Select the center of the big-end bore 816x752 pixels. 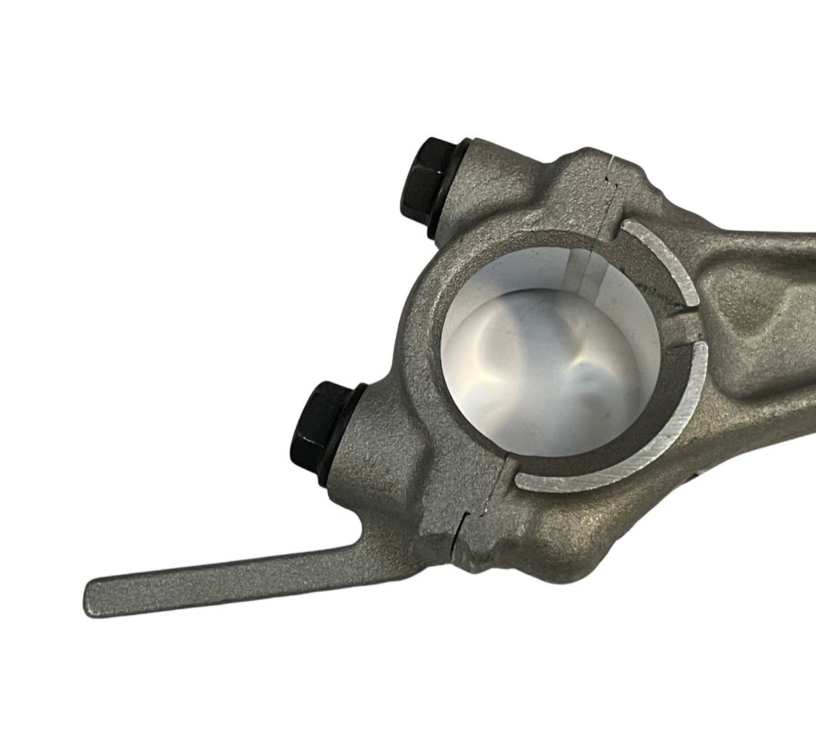(x=551, y=363)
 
